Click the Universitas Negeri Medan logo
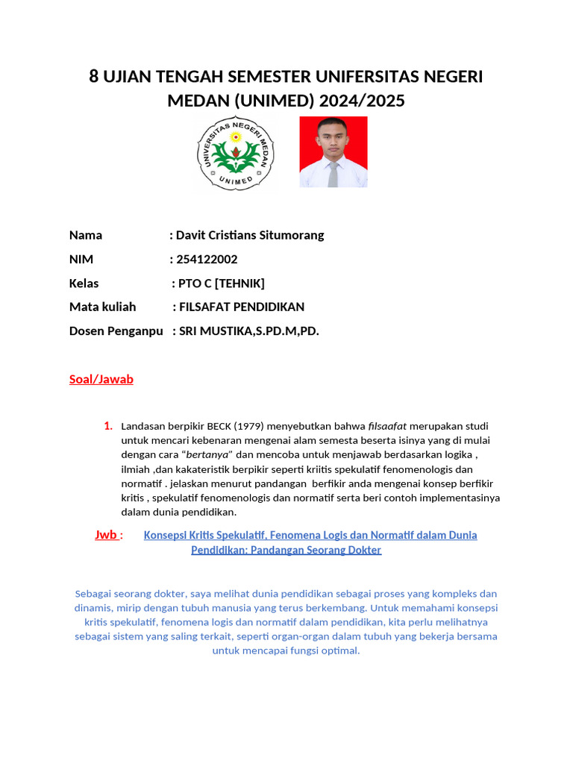coord(236,153)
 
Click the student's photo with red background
coord(334,152)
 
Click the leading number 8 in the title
coord(94,76)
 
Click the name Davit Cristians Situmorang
coord(250,235)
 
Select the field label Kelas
coord(84,283)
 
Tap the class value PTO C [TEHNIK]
coord(221,283)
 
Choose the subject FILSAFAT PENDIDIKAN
coord(242,307)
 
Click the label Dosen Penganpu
coord(116,331)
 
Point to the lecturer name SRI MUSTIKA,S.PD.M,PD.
coord(249,331)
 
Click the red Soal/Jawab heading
coord(101,379)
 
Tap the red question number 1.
coord(108,426)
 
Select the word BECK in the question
coord(219,426)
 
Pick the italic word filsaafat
coord(388,426)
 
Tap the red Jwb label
coord(107,534)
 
